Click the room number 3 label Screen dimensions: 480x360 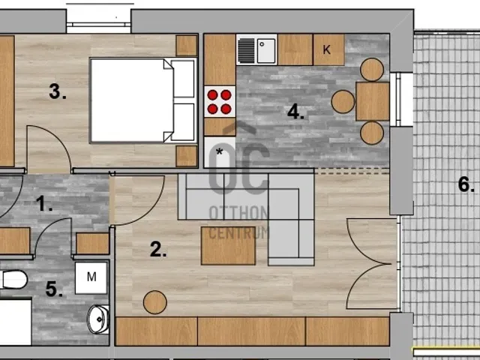[x=58, y=91]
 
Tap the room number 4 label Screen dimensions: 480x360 [x=295, y=112]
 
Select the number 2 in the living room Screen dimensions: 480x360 [x=158, y=249]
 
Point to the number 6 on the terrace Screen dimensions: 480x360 [x=466, y=184]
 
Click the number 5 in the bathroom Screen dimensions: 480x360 [x=54, y=289]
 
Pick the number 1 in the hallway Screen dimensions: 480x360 [x=44, y=203]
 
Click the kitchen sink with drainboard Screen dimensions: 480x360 [x=256, y=49]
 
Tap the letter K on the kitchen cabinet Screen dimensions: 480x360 [x=327, y=49]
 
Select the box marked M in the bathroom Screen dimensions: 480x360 [x=91, y=277]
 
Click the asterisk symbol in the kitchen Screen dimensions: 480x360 [x=220, y=151]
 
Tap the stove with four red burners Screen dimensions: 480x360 [x=220, y=102]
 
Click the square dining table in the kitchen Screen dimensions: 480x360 [x=373, y=101]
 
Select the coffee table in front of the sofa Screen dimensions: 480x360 [x=228, y=245]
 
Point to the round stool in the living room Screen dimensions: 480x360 [x=155, y=302]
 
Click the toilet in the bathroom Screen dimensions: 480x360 [x=13, y=279]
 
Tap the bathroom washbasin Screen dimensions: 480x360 [x=98, y=319]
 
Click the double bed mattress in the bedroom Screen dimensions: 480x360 [x=132, y=100]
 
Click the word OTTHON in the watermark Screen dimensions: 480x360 [x=238, y=213]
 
